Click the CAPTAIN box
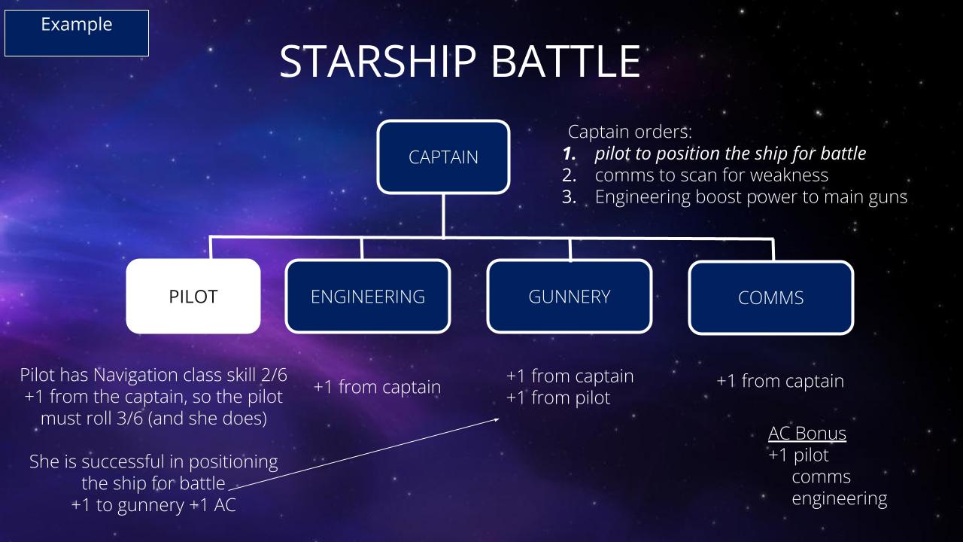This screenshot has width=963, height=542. pos(443,157)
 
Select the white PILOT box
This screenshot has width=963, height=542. pos(193,297)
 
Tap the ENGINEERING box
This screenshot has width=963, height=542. pos(368,297)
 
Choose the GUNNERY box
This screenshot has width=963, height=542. pos(570,297)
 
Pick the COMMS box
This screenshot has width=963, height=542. pos(771,297)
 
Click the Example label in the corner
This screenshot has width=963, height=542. pos(77,25)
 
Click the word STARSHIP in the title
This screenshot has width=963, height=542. pos(378,62)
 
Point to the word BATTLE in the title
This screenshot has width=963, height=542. pos(566,62)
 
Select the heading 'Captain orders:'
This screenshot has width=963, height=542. pos(630,132)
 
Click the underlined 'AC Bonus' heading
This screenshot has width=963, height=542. pos(807,433)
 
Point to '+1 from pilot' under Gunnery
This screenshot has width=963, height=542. pos(558,398)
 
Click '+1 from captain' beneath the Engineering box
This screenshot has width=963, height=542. pos(378,387)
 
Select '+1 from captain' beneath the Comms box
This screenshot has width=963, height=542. pos(780,381)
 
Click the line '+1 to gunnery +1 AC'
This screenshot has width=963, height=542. pos(153,505)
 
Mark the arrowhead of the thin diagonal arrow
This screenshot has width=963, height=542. pos(498,419)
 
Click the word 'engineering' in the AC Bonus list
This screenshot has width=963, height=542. pos(839,499)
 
